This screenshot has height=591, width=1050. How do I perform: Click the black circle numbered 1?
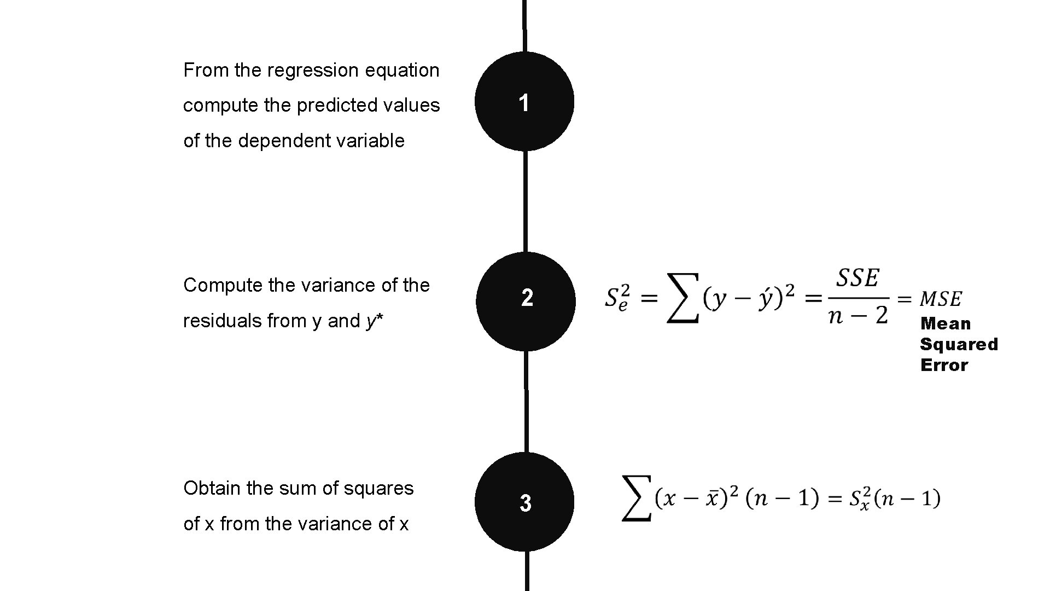click(x=524, y=102)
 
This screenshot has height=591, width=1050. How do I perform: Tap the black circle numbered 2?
click(x=526, y=301)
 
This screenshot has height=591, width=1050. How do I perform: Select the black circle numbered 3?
click(x=524, y=501)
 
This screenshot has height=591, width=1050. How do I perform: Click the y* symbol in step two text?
click(x=375, y=321)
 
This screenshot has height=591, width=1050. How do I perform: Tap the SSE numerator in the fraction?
click(x=857, y=279)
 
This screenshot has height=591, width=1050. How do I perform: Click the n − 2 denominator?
click(x=857, y=316)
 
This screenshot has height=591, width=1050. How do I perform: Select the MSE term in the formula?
click(x=941, y=299)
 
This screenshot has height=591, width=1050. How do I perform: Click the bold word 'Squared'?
click(x=959, y=344)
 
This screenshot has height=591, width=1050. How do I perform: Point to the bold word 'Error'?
click(x=944, y=365)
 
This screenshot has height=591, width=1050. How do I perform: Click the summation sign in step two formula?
click(x=682, y=298)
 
